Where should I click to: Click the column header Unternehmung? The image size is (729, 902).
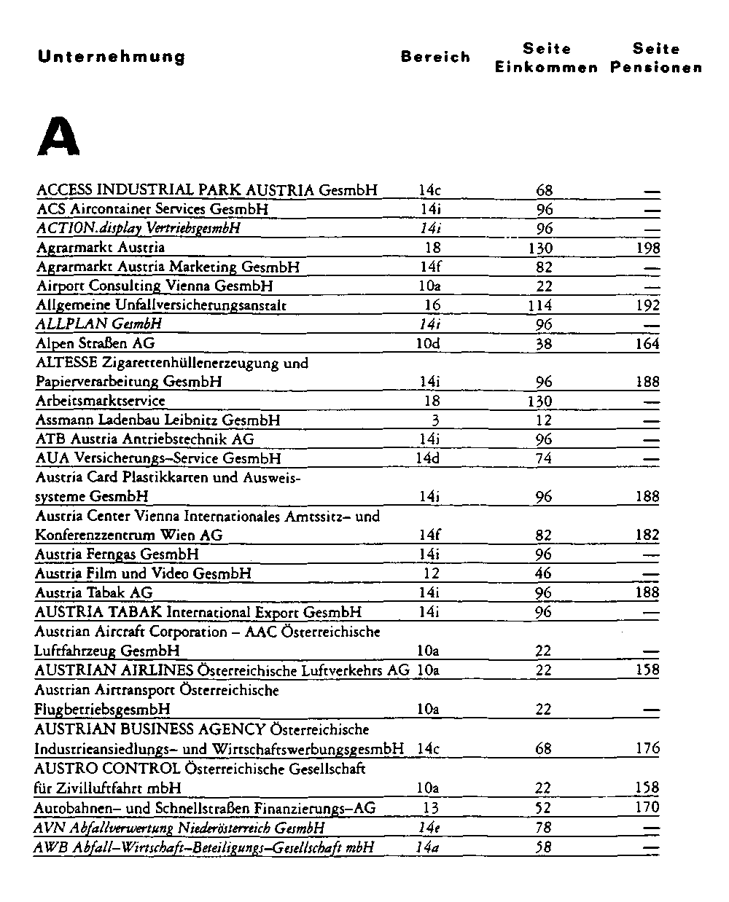click(x=112, y=57)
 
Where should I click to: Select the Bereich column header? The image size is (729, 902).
click(x=435, y=57)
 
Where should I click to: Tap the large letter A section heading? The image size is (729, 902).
click(x=58, y=138)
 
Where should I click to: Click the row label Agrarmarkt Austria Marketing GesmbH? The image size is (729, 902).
click(x=168, y=267)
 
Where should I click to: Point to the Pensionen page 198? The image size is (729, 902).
click(x=647, y=248)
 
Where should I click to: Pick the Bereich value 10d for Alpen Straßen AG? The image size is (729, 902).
click(x=428, y=343)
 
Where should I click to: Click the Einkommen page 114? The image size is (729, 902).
click(x=539, y=305)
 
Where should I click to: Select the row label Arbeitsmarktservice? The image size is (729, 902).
click(x=101, y=401)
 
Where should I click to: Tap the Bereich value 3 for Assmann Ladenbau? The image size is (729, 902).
click(x=435, y=420)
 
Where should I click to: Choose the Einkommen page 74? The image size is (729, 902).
click(x=544, y=458)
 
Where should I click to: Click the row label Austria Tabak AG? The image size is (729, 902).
click(x=94, y=592)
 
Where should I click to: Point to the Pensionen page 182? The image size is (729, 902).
click(x=647, y=535)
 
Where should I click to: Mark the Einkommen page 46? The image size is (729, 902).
click(x=544, y=573)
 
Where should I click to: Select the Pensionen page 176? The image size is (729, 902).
click(x=647, y=748)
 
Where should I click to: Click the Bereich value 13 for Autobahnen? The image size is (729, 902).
click(x=432, y=807)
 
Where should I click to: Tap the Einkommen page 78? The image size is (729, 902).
click(x=544, y=828)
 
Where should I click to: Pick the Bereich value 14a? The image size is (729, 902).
click(x=428, y=847)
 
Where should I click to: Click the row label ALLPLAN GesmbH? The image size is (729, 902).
click(x=99, y=323)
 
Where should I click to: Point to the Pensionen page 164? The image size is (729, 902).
click(x=647, y=343)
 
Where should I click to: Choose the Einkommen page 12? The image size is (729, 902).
click(x=544, y=420)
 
